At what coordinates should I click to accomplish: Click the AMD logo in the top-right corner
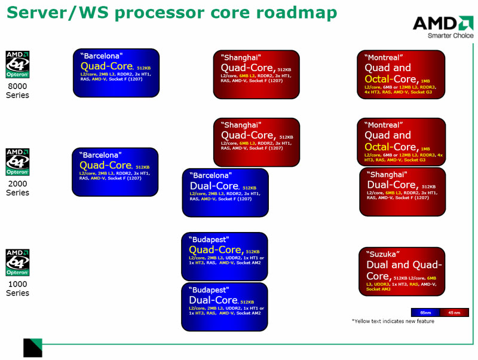443,23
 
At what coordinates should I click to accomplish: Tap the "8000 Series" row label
17,91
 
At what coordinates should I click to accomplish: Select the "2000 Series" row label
17,188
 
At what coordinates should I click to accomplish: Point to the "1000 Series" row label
17,289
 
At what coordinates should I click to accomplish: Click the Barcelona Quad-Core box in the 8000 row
116,72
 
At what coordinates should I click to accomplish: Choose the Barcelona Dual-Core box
225,193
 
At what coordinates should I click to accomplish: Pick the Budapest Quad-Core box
225,257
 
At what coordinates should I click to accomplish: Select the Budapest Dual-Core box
225,307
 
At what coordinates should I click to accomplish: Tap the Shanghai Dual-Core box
403,191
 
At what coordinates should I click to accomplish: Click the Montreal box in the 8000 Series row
405,74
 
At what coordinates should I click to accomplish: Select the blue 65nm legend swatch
425,312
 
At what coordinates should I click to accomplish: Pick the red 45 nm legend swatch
454,312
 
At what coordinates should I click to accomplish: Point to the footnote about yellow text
393,322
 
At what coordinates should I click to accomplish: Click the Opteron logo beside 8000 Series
17,65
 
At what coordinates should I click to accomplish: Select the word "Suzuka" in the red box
383,254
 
